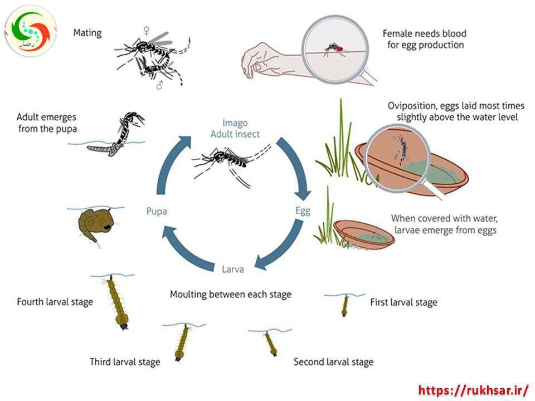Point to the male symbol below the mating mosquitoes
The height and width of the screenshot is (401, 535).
(159, 85)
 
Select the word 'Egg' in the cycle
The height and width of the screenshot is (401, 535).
(303, 211)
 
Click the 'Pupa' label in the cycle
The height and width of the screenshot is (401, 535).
(157, 211)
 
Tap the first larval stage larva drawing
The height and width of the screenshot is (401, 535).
(345, 305)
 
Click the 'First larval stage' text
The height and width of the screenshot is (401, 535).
(403, 302)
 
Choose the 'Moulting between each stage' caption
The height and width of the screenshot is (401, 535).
(230, 294)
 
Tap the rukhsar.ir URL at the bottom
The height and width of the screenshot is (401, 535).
(473, 389)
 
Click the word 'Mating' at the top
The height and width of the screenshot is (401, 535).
(87, 32)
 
